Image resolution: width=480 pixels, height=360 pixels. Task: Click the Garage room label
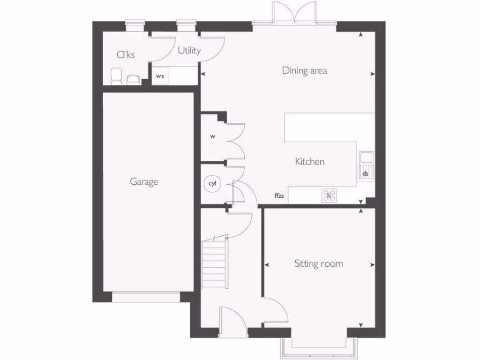coord(144,182)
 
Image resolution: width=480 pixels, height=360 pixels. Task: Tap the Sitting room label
coord(318,264)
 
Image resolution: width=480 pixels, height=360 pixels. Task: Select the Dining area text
coord(304,71)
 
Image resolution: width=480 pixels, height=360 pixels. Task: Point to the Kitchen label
coord(309,162)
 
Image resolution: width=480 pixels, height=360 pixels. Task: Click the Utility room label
coord(189,51)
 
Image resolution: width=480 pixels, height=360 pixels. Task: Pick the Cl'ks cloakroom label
coord(126,55)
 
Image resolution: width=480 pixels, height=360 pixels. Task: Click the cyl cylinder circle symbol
coord(211,184)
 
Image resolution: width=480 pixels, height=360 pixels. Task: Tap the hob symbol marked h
coord(329,195)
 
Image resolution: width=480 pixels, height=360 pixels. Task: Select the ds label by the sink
coord(366,173)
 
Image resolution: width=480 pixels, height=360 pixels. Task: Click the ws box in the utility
coord(160,76)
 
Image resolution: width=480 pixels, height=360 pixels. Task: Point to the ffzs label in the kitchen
coord(279,196)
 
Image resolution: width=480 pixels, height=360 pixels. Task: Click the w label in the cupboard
coord(212,137)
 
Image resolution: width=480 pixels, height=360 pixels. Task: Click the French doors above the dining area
coord(294,13)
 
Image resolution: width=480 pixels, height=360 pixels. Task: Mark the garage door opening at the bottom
coord(146,297)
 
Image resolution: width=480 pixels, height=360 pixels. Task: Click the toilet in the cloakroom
coord(116,76)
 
